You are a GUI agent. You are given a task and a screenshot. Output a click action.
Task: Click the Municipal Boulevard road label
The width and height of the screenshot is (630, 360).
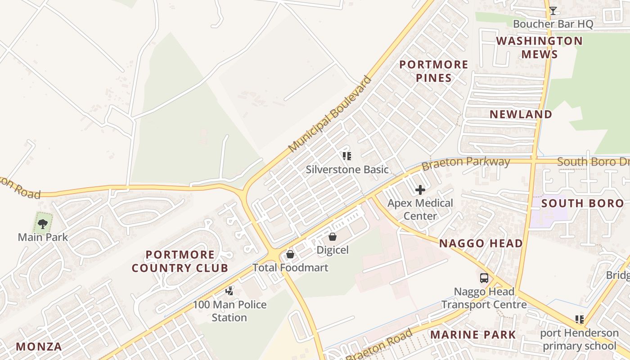pyautogui.click(x=330, y=114)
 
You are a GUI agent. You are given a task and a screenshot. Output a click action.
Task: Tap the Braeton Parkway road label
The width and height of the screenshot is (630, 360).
pyautogui.click(x=466, y=163)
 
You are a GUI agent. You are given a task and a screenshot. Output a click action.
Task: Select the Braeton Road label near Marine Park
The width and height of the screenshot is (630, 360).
pyautogui.click(x=379, y=346)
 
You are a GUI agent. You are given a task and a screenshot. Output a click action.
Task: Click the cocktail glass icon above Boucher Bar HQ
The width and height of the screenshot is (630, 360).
pyautogui.click(x=553, y=10)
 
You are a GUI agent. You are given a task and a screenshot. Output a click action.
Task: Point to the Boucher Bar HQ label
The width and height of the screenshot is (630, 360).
pyautogui.click(x=553, y=24)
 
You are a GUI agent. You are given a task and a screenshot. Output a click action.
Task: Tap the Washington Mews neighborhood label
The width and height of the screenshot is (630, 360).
pyautogui.click(x=539, y=48)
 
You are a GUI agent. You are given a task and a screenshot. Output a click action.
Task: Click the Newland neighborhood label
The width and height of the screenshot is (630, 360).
pyautogui.click(x=521, y=114)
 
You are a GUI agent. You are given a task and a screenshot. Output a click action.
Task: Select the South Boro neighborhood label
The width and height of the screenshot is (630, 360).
pyautogui.click(x=582, y=203)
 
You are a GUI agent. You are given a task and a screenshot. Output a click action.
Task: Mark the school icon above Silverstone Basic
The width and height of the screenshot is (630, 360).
pyautogui.click(x=346, y=156)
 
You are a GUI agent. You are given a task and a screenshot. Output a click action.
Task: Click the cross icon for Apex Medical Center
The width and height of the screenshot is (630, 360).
pyautogui.click(x=420, y=190)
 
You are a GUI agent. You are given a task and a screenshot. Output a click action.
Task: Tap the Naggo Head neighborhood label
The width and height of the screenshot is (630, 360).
pyautogui.click(x=481, y=244)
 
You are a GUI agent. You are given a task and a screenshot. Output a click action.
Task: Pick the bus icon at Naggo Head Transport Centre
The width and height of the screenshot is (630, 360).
pyautogui.click(x=484, y=278)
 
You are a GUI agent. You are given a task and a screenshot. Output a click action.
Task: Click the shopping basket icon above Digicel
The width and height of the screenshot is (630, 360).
pyautogui.click(x=333, y=236)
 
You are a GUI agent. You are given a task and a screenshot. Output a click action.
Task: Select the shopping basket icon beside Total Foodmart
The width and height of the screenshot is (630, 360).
pyautogui.click(x=290, y=255)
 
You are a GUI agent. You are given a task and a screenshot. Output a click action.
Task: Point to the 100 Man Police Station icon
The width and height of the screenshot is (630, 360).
pyautogui.click(x=229, y=291)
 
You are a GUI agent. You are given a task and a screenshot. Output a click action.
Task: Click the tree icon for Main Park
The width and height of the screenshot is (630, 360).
pyautogui.click(x=43, y=223)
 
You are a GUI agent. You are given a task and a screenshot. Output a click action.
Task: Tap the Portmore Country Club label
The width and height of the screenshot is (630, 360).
pyautogui.click(x=180, y=261)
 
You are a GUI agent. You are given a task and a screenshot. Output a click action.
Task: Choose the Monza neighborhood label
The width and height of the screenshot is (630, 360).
pyautogui.click(x=39, y=347)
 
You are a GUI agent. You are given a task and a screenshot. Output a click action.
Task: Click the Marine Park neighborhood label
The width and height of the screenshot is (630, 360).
pyautogui.click(x=473, y=335)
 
